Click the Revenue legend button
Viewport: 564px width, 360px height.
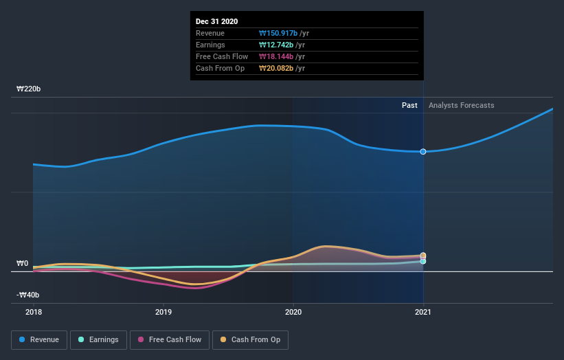coord(40,339)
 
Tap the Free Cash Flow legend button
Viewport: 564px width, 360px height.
coord(169,339)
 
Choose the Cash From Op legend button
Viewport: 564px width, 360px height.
coord(251,339)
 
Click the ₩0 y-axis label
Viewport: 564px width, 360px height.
coord(22,263)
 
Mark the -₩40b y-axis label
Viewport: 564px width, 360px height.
coord(28,295)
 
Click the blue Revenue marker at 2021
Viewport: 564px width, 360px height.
coord(423,151)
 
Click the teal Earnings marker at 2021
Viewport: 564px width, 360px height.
coord(423,261)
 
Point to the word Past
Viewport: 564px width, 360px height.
coord(409,105)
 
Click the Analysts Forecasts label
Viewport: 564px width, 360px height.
coord(461,105)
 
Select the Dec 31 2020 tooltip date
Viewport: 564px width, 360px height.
coord(216,21)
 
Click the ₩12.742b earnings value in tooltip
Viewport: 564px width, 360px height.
coord(275,45)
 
